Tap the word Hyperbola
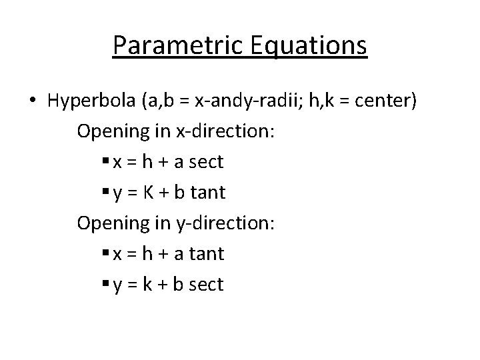click(x=92, y=101)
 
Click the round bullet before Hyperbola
click(x=33, y=101)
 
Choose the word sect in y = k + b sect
click(x=207, y=285)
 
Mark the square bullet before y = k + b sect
click(x=107, y=285)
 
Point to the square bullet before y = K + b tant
click(x=107, y=193)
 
